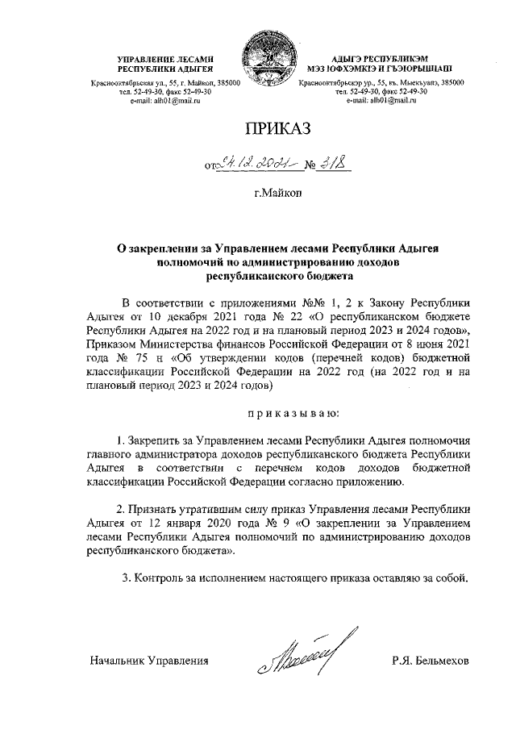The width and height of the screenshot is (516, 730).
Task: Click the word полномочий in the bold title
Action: [x=194, y=261]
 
